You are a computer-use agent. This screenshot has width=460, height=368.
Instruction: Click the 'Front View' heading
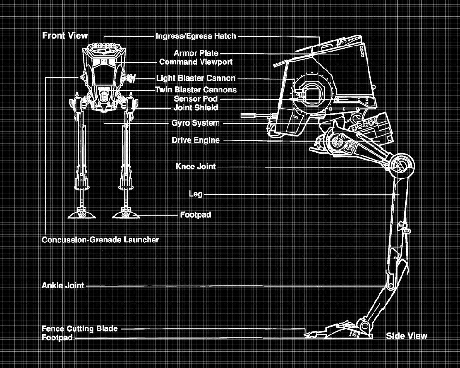point(65,35)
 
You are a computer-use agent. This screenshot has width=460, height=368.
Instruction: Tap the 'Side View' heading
point(407,336)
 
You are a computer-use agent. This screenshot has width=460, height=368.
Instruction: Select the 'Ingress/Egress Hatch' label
point(196,36)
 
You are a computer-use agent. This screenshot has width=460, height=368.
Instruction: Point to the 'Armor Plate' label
point(196,53)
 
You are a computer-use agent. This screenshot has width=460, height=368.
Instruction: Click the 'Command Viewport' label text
point(195,62)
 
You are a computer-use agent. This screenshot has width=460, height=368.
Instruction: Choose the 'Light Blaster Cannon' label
point(195,79)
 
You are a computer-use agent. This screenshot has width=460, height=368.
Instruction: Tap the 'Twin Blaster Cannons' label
point(196,90)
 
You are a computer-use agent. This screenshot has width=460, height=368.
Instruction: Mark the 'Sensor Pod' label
point(195,99)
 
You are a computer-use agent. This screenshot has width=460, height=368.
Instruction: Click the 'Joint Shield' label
point(195,108)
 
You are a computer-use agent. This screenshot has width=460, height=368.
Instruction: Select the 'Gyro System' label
point(195,123)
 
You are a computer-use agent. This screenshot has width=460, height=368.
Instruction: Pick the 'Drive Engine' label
point(195,140)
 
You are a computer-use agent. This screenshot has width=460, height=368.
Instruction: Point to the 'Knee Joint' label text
point(195,167)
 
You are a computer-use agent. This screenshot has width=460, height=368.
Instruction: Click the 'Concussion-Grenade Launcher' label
point(100,240)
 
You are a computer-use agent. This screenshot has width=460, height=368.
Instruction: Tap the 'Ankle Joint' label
point(63,286)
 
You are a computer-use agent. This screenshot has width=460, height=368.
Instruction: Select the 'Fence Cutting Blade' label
point(80,328)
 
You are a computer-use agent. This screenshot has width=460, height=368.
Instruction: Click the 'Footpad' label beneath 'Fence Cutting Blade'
point(57,338)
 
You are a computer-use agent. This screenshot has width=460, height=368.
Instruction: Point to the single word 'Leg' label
point(195,194)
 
